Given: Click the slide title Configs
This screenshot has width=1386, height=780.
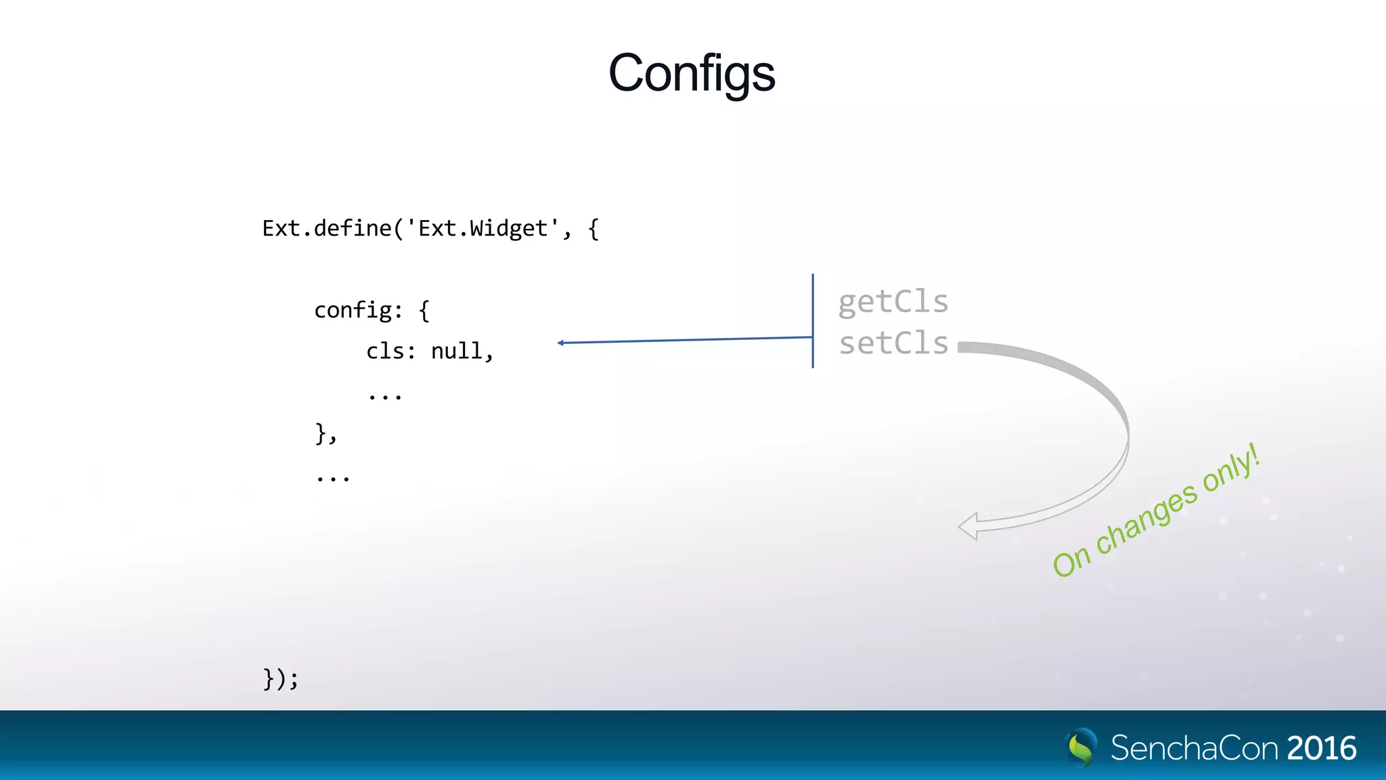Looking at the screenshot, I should (692, 73).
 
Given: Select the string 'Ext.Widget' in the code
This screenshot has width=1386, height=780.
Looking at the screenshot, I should (483, 228).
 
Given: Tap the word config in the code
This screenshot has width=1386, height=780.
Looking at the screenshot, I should (353, 310).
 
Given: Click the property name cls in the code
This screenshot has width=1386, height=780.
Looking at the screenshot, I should (386, 351).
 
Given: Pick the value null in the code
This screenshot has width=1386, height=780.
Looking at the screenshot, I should (457, 351).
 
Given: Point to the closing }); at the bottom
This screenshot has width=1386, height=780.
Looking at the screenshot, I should (280, 678).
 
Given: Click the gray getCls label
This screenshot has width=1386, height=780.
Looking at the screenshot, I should (893, 302).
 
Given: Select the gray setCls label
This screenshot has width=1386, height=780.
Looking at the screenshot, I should (893, 343).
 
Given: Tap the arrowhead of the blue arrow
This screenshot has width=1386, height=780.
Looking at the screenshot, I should (560, 343).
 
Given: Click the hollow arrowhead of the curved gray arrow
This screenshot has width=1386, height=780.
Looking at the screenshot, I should (968, 526).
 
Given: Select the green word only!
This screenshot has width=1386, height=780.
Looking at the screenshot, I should (1231, 469).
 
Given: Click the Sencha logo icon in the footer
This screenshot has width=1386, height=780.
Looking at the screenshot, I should (1081, 747).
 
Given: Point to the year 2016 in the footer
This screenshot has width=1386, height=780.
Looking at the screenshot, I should (1322, 748).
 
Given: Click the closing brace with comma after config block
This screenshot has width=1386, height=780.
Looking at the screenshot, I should (326, 433).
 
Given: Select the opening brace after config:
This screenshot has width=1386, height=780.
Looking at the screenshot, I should (424, 311).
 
